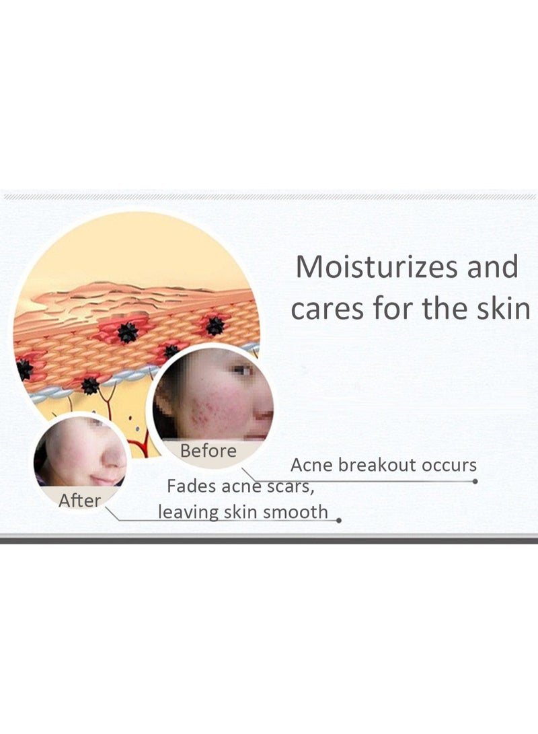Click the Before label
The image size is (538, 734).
tap(208, 451)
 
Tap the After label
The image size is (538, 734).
tap(79, 501)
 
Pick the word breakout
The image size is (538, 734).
tap(378, 465)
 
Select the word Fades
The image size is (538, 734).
tap(190, 486)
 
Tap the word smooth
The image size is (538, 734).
tap(295, 512)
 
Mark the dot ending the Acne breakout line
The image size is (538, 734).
tap(475, 481)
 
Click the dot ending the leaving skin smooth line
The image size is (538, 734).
tap(339, 520)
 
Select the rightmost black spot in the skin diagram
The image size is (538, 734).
tap(215, 326)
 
